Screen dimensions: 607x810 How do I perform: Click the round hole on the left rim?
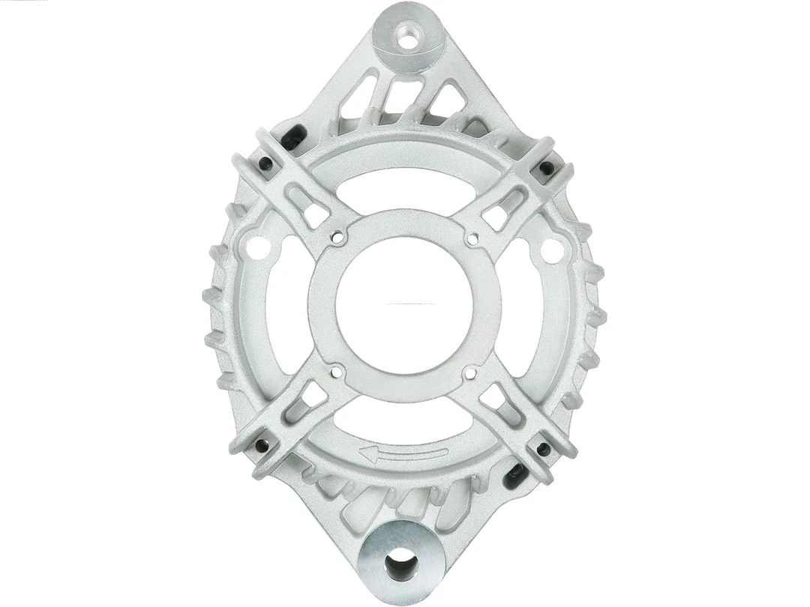pos(256,247)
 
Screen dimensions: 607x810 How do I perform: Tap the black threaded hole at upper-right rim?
pos(547,166)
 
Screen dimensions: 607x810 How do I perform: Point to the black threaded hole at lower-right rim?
pos(541,449)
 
